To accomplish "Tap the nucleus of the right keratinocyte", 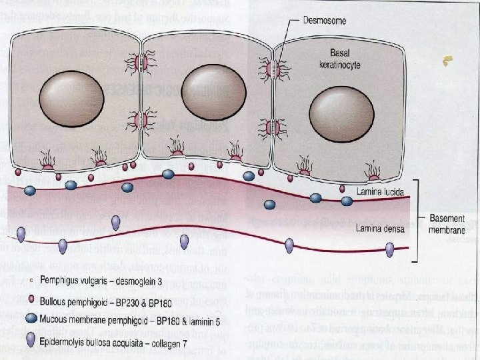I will point(339,107).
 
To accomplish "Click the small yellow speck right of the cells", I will point(445,62).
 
